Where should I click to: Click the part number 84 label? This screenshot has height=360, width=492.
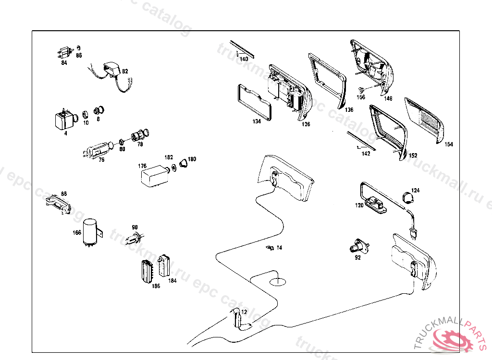pos(64,62)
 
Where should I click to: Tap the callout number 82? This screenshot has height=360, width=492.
pos(125,72)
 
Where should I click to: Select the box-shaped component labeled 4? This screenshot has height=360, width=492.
pos(62,120)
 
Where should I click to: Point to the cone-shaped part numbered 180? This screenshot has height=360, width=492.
pos(184,164)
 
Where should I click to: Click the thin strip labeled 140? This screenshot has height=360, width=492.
pos(243,48)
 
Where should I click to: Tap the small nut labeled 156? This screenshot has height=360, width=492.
pos(360,90)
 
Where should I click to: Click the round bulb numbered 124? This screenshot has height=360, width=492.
pos(408,197)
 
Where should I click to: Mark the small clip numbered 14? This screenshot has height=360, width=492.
pos(270,248)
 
